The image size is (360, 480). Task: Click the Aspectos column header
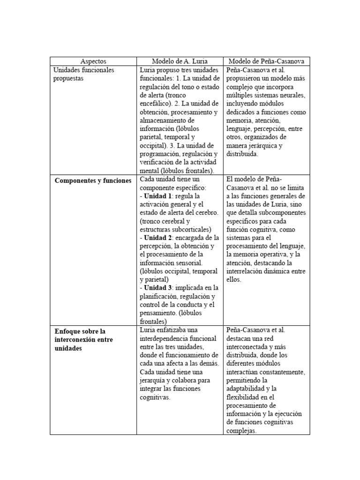[x=93, y=61]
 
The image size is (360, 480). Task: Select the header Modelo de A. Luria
[x=180, y=61]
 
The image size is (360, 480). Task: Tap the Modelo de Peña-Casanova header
[x=266, y=61]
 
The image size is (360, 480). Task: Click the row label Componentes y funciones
[x=93, y=181]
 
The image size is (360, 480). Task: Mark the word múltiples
[x=242, y=96]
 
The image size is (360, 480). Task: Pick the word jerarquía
[x=157, y=381]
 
